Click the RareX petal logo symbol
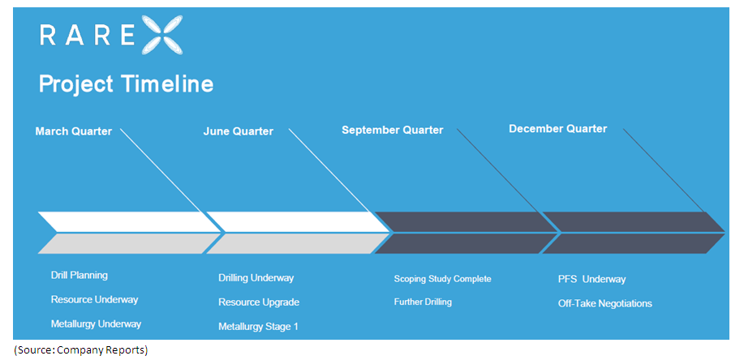point(161,35)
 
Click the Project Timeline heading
point(126,84)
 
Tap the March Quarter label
point(74,131)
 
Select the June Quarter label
point(239,131)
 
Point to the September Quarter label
point(393,130)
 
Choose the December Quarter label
point(557,129)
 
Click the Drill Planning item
point(80,276)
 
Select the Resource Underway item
point(94,299)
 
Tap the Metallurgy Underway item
point(96,324)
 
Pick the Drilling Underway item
point(256,278)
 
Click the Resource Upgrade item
point(259,302)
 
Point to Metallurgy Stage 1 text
point(259,327)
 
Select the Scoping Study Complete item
point(442,279)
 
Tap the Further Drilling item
point(423,302)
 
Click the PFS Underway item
point(592,280)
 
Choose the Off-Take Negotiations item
point(605,304)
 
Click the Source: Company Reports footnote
point(80,350)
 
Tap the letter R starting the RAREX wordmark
point(48,35)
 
